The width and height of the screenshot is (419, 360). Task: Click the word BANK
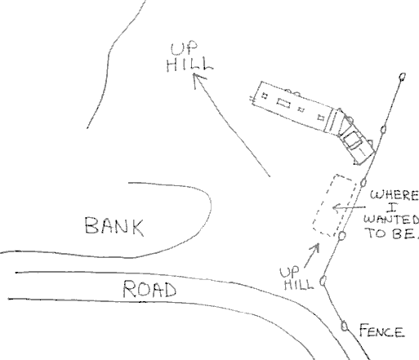coord(114,226)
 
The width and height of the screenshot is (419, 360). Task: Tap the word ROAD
coord(149,289)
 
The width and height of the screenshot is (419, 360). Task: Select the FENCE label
coord(381,331)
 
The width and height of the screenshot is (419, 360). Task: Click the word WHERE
coord(394,195)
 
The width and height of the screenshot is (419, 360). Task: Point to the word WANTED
coord(391,220)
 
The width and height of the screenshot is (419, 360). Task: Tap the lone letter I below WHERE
coord(392,207)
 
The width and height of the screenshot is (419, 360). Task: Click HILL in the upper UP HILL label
coord(189,65)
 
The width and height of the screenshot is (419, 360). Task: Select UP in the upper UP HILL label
coord(184,48)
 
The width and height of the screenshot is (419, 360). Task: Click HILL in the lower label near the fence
coord(299,284)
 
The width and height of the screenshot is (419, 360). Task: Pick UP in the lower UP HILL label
coord(289,272)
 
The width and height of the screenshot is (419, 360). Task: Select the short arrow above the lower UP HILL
coord(311,256)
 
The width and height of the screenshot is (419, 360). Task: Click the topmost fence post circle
coord(402,77)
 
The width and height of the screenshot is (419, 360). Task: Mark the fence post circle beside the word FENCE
coord(345,326)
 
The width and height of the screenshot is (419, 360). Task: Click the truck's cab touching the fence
coord(356,142)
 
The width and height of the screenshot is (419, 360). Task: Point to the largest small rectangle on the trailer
coord(283,104)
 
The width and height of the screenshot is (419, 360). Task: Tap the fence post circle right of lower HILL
coord(323,281)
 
